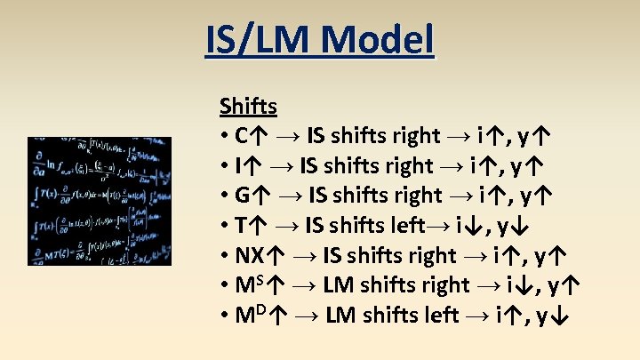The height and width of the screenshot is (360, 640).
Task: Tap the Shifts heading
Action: pyautogui.click(x=248, y=107)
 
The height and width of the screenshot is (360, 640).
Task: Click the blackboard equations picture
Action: pyautogui.click(x=100, y=201)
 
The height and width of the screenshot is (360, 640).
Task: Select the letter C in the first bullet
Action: pyautogui.click(x=242, y=136)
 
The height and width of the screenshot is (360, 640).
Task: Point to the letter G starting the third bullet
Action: pyautogui.click(x=243, y=196)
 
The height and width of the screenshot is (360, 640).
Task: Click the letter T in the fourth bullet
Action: pyautogui.click(x=241, y=226)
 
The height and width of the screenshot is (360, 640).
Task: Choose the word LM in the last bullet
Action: pyautogui.click(x=341, y=316)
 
